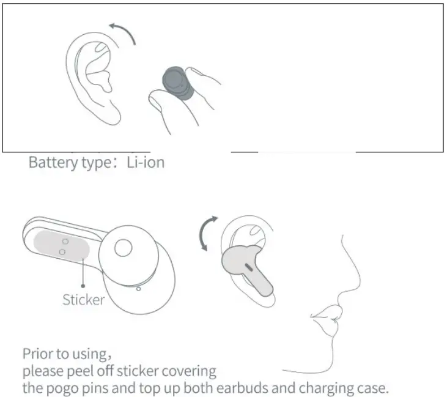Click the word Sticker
coord(84,300)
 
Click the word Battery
coord(51,163)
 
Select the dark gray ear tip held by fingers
coord(177,84)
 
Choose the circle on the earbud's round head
coord(122,247)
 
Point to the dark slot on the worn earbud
coord(250,267)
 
